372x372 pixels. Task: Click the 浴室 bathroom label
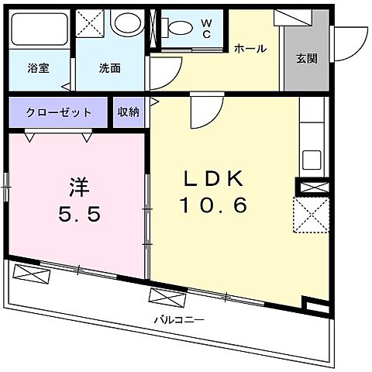click(38, 68)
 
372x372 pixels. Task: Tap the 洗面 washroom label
click(108, 68)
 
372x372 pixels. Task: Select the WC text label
click(207, 29)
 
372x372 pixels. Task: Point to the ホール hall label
click(250, 49)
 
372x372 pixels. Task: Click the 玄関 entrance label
click(306, 57)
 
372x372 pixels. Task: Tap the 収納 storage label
click(129, 112)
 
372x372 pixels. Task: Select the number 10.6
click(214, 205)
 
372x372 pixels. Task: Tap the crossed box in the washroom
click(92, 23)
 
